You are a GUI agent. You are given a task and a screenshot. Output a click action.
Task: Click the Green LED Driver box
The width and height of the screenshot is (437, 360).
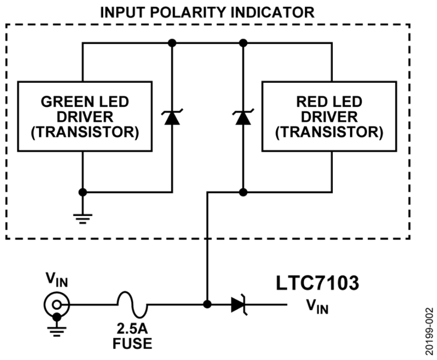[x=84, y=116]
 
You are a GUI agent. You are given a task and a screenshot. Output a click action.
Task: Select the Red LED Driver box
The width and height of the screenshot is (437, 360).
[x=329, y=116]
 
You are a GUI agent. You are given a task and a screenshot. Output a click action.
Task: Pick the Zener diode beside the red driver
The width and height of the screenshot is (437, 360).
[x=242, y=117]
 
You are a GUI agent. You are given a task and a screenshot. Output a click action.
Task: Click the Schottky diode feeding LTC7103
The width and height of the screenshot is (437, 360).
[x=239, y=305]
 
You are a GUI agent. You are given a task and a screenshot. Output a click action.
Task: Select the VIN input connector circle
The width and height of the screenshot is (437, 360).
[x=56, y=305]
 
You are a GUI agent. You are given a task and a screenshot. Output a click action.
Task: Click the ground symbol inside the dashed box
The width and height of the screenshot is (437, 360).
[x=82, y=217]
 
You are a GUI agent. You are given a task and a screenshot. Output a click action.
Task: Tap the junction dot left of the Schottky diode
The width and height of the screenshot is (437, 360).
[x=206, y=305]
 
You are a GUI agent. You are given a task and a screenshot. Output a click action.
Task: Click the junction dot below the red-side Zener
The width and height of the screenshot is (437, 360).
[x=242, y=192]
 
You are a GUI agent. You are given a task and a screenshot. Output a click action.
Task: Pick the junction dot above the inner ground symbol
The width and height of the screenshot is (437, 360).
[x=82, y=192]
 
